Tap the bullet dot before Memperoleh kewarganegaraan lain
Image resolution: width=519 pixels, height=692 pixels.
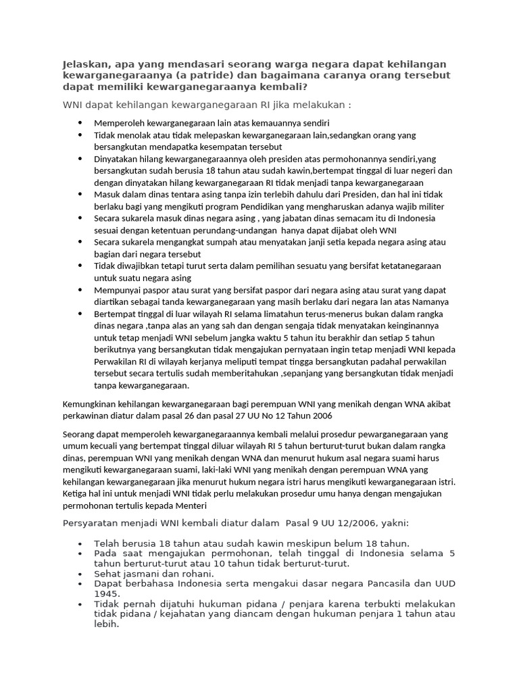point(80,123)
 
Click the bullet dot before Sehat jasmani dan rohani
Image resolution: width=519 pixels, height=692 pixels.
point(81,573)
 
